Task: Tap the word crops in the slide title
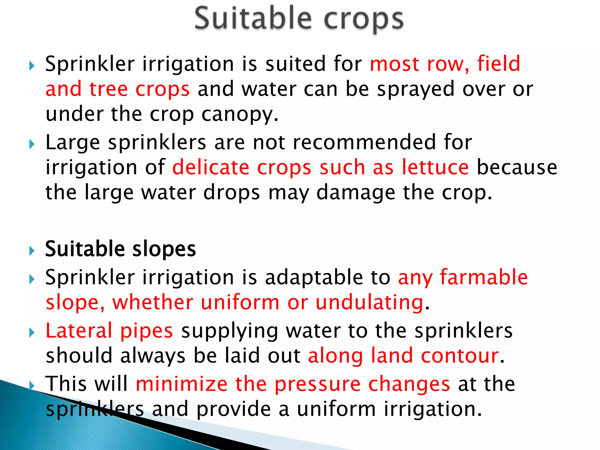pyautogui.click(x=364, y=20)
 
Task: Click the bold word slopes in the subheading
pyautogui.click(x=164, y=249)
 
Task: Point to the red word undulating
pyautogui.click(x=370, y=302)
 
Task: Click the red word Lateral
pyautogui.click(x=79, y=330)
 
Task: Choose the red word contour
pyautogui.click(x=460, y=355)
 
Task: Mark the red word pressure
pyautogui.click(x=318, y=384)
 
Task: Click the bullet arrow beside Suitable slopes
pyautogui.click(x=32, y=251)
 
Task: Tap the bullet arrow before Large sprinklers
pyautogui.click(x=32, y=144)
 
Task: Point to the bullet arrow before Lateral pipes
pyautogui.click(x=32, y=333)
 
